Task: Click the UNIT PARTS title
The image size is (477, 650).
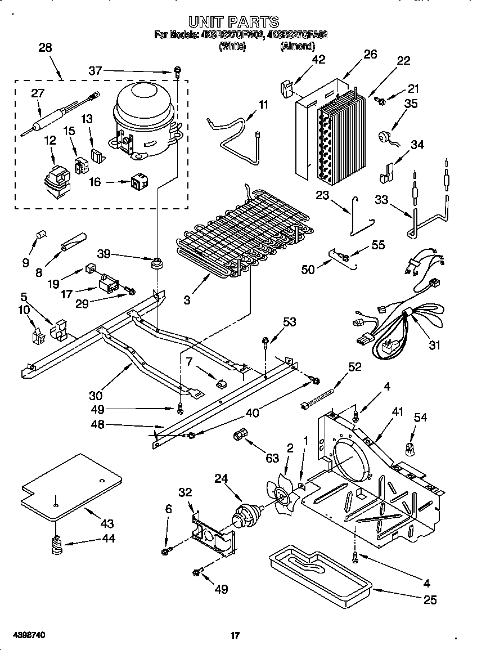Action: [233, 22]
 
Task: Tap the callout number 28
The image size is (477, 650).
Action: [44, 48]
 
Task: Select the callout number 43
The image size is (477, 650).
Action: [106, 524]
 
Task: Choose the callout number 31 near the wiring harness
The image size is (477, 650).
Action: [434, 345]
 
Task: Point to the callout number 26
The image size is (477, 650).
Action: [370, 54]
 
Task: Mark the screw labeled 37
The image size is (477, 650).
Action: [177, 71]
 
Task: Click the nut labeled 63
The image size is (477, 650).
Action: [240, 434]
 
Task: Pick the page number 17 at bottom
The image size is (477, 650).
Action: [236, 635]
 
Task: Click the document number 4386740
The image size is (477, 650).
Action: [24, 635]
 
